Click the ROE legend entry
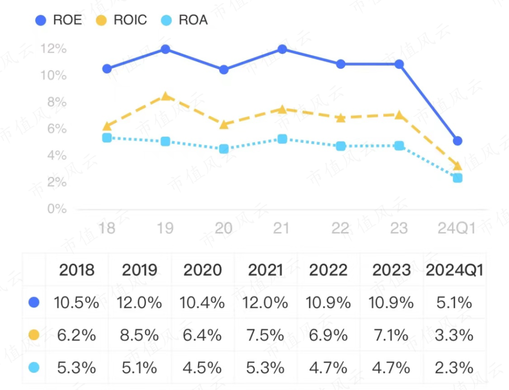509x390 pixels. click(59, 20)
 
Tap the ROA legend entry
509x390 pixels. click(186, 20)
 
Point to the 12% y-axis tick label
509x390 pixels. click(54, 49)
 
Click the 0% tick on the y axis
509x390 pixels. click(57, 208)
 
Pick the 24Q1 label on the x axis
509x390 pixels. click(457, 228)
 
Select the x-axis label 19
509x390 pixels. click(165, 228)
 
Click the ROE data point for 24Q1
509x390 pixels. click(457, 141)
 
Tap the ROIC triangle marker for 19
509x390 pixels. click(165, 96)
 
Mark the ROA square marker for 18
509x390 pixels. click(107, 138)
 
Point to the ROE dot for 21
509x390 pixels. click(282, 49)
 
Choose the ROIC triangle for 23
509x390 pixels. click(399, 115)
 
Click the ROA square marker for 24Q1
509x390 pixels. click(457, 178)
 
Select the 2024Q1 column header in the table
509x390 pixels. click(454, 270)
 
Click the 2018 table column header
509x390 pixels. click(77, 270)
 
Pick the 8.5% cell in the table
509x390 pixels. click(140, 335)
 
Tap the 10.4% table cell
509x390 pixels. click(203, 302)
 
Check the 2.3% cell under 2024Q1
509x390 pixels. click(454, 367)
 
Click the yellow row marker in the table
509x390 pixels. click(34, 335)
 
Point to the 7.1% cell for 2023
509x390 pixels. click(391, 335)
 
